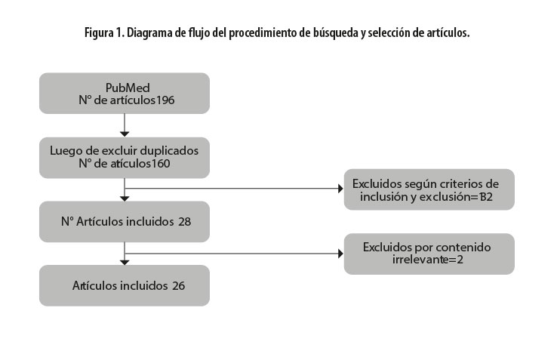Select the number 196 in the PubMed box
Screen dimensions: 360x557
pos(166,100)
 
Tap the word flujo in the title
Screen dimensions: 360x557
pos(202,34)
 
